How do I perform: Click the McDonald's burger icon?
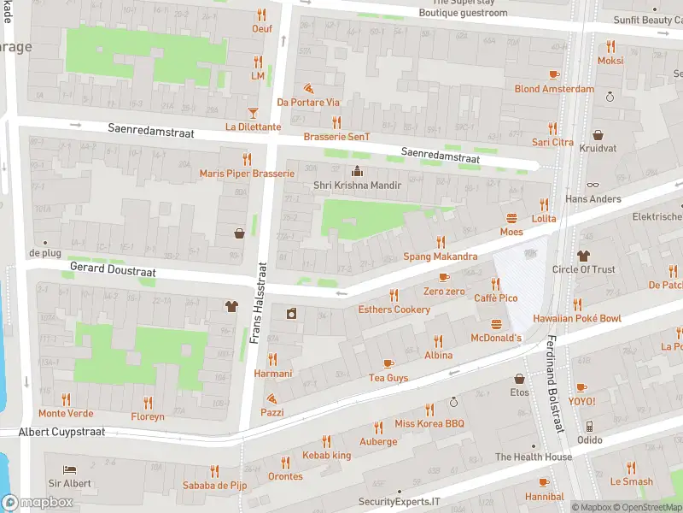click(x=497, y=324)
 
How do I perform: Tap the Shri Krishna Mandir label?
click(x=357, y=186)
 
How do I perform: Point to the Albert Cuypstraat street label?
click(x=62, y=432)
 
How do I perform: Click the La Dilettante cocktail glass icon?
click(x=253, y=113)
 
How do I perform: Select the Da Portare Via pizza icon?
click(x=308, y=88)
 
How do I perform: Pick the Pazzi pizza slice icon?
click(x=271, y=398)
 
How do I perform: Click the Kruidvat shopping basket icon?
click(x=598, y=135)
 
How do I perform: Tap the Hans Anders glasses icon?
click(x=593, y=185)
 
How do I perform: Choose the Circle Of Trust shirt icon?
click(x=583, y=255)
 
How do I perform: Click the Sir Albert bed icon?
click(x=69, y=469)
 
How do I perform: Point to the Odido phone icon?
click(x=588, y=426)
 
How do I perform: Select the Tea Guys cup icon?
click(x=388, y=363)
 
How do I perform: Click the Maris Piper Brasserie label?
click(x=247, y=174)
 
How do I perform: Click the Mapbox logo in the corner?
click(x=37, y=502)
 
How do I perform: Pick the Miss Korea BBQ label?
click(x=429, y=424)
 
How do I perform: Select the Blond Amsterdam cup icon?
click(x=553, y=74)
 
